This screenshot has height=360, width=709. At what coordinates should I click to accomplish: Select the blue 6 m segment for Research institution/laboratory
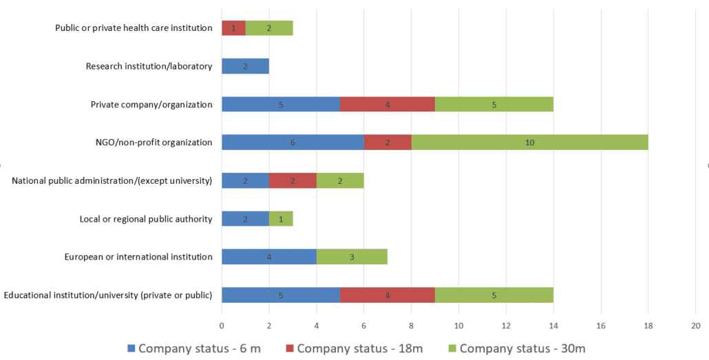pos(245,66)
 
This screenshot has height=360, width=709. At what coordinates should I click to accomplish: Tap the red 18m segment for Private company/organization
pos(387,105)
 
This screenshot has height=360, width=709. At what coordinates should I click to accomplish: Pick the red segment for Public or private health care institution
pos(233,28)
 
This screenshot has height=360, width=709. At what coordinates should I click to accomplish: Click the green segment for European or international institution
pos(352,257)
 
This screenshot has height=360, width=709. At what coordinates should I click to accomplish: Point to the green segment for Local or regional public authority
pos(281,219)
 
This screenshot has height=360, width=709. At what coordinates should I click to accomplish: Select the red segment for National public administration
pos(293,181)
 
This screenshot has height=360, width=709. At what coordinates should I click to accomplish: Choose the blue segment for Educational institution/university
pos(280,295)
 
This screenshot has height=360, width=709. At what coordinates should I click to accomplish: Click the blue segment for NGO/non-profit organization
pos(293,142)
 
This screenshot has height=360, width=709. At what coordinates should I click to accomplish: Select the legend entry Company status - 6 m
pos(198,348)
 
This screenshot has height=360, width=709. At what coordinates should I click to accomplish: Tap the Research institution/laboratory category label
pos(149,67)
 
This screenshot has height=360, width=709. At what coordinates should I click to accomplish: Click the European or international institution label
pos(138,257)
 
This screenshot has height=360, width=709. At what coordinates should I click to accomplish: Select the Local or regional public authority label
pos(146,219)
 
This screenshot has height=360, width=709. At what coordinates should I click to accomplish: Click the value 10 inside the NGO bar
pos(529,142)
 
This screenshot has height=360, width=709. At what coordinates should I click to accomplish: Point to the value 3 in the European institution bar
pos(352,257)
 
